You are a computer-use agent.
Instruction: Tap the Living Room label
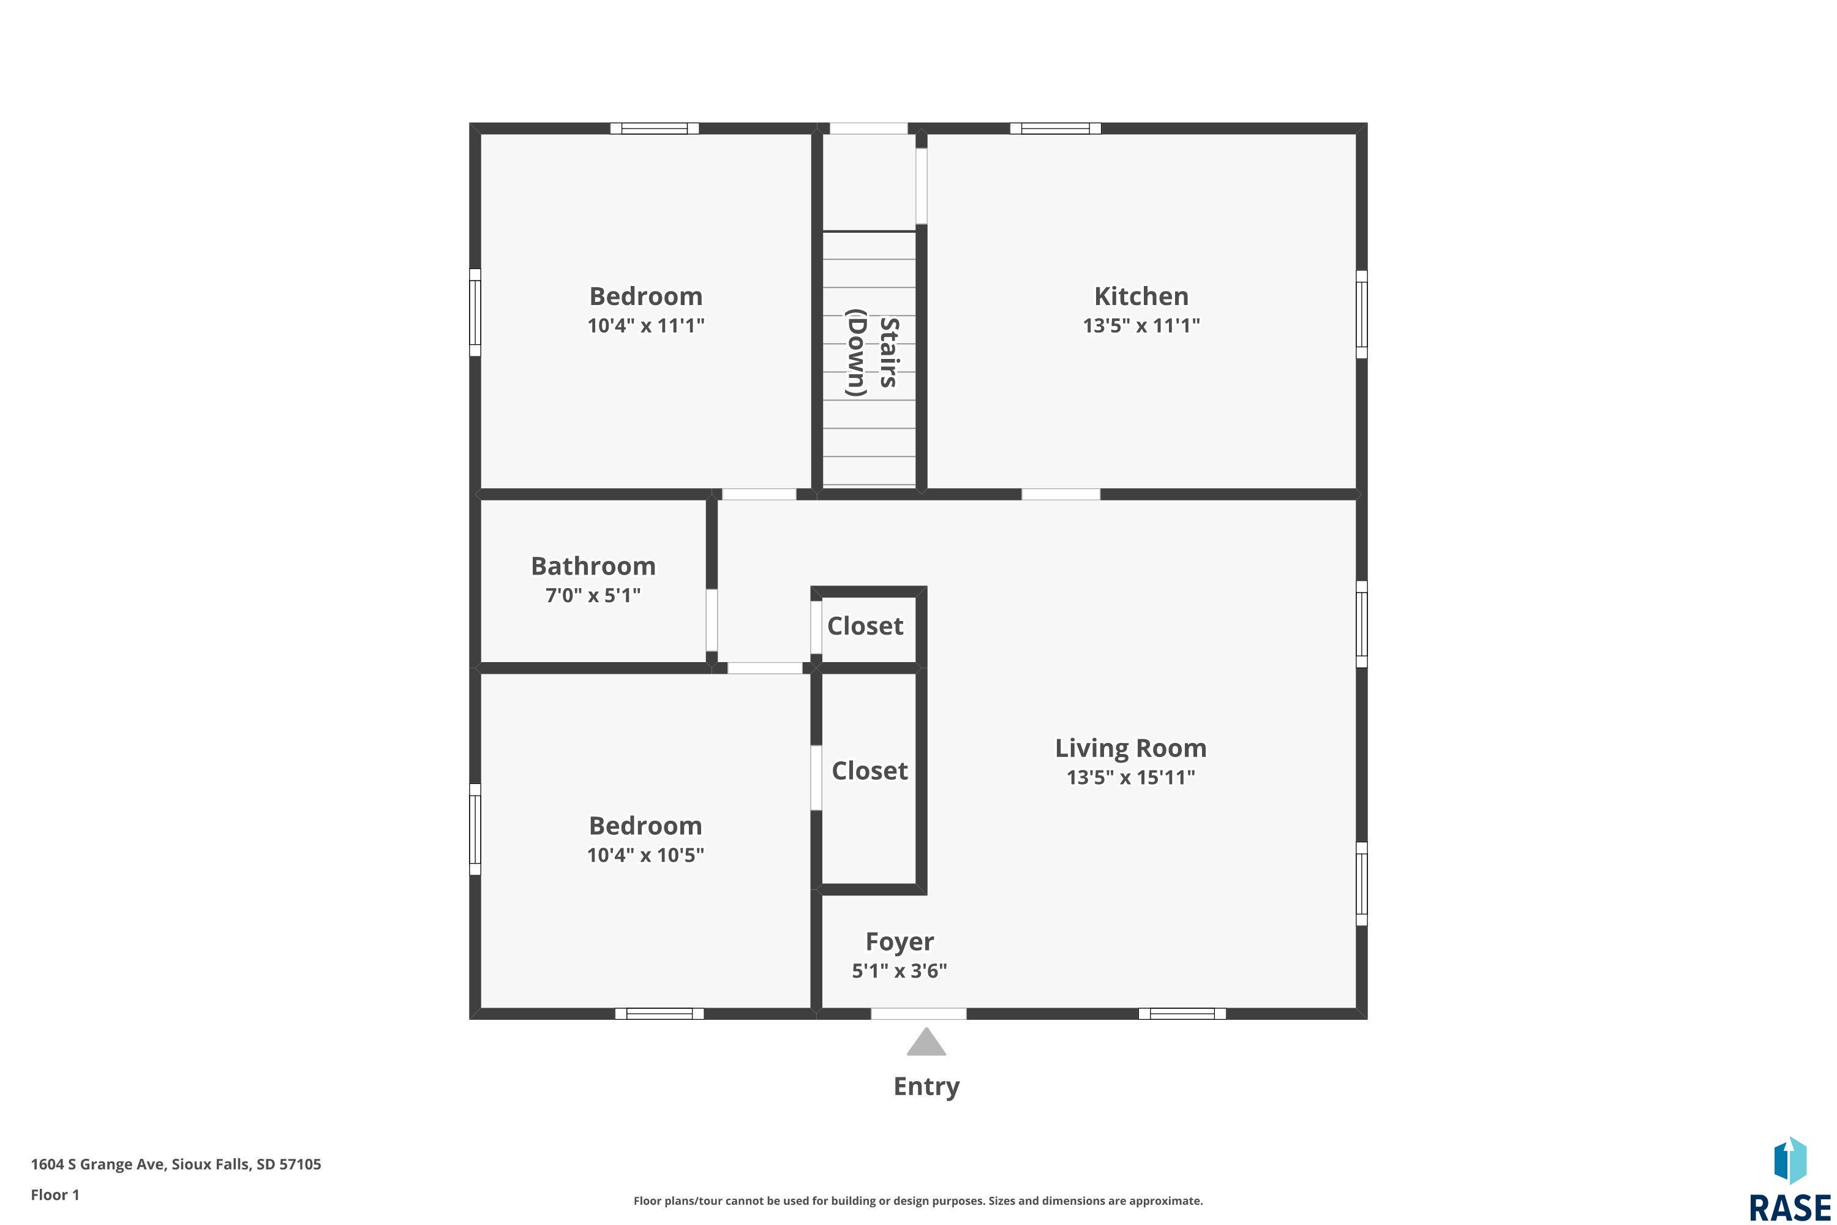(1131, 748)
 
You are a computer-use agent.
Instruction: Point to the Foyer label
(900, 942)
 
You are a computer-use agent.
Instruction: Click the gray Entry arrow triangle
(926, 1043)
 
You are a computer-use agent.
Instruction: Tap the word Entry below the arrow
(926, 1087)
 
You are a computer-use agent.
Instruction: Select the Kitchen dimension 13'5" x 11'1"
(1141, 325)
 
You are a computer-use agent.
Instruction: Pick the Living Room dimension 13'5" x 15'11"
(1131, 777)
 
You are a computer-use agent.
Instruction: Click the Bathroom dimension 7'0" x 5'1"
(593, 595)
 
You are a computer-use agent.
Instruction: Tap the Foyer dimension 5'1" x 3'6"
(900, 971)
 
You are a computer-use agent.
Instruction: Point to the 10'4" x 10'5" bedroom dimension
(646, 854)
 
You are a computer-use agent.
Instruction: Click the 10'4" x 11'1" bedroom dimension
(646, 325)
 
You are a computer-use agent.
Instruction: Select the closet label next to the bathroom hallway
(865, 626)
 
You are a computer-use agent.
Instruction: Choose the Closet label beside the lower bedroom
(870, 771)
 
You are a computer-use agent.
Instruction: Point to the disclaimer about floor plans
(918, 1200)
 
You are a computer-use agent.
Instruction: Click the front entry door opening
(918, 1014)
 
